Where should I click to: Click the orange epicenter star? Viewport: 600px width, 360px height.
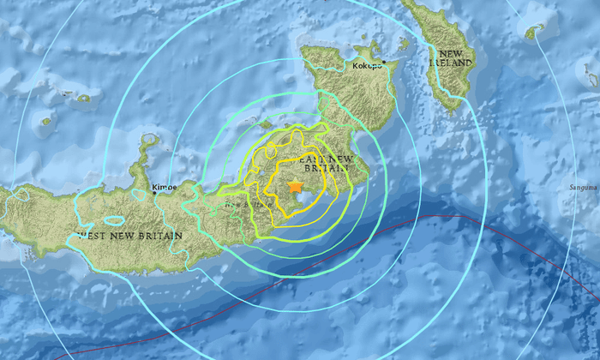(296, 187)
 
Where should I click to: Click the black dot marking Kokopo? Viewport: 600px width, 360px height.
(385, 63)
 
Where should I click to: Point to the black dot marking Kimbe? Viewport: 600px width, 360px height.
(155, 193)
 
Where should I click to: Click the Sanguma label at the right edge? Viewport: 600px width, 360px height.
(583, 186)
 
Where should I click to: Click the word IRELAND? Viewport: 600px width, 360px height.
(453, 63)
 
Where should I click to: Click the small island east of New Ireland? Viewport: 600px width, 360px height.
(535, 32)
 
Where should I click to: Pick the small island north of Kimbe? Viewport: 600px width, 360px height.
(150, 139)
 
